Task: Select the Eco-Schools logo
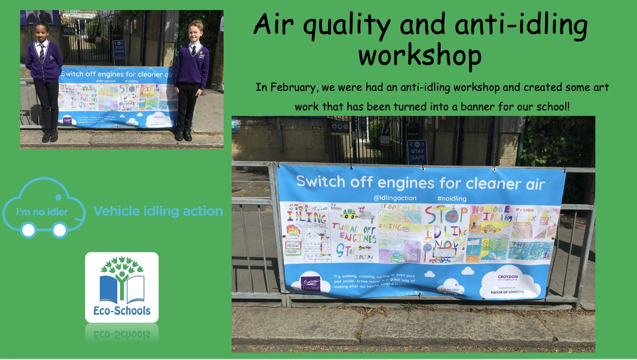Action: pyautogui.click(x=122, y=287)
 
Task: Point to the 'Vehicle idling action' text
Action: pyautogui.click(x=158, y=211)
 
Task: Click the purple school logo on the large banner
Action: pyautogui.click(x=310, y=284)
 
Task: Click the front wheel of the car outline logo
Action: pyautogui.click(x=59, y=229)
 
